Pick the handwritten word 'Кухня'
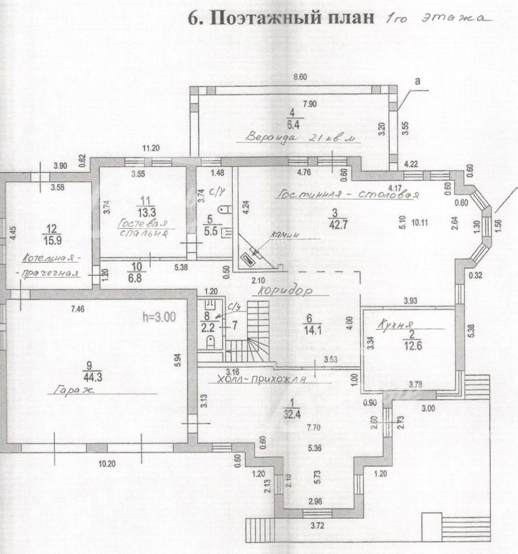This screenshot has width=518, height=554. (x=392, y=324)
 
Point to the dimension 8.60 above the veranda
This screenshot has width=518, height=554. (x=300, y=78)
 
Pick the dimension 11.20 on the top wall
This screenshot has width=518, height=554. (x=151, y=148)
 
